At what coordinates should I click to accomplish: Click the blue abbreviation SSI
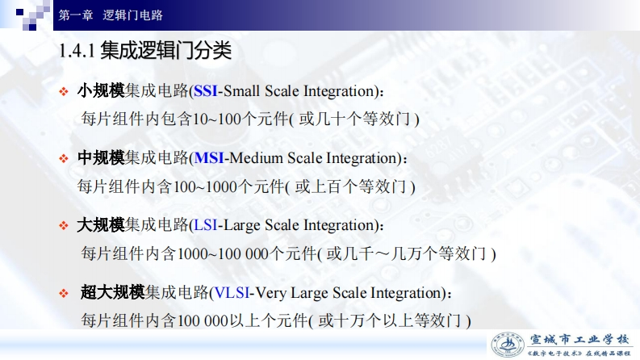click(205, 91)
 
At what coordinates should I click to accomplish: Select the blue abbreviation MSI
click(209, 158)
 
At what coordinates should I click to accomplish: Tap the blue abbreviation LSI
click(205, 225)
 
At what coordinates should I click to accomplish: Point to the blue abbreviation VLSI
click(232, 293)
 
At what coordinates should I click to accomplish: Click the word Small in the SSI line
click(241, 91)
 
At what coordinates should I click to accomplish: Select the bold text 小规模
click(101, 90)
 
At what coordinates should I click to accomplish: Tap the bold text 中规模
click(101, 157)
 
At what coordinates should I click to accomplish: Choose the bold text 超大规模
click(113, 292)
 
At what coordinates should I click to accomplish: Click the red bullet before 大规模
click(63, 226)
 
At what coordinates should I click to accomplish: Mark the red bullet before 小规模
click(63, 91)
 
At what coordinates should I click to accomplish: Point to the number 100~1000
click(205, 187)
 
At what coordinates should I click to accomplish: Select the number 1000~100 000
click(223, 254)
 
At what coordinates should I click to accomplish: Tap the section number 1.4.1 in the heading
click(77, 51)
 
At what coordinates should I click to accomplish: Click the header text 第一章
click(76, 15)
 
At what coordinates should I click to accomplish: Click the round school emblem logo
click(508, 345)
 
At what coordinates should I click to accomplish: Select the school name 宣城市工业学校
click(579, 340)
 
